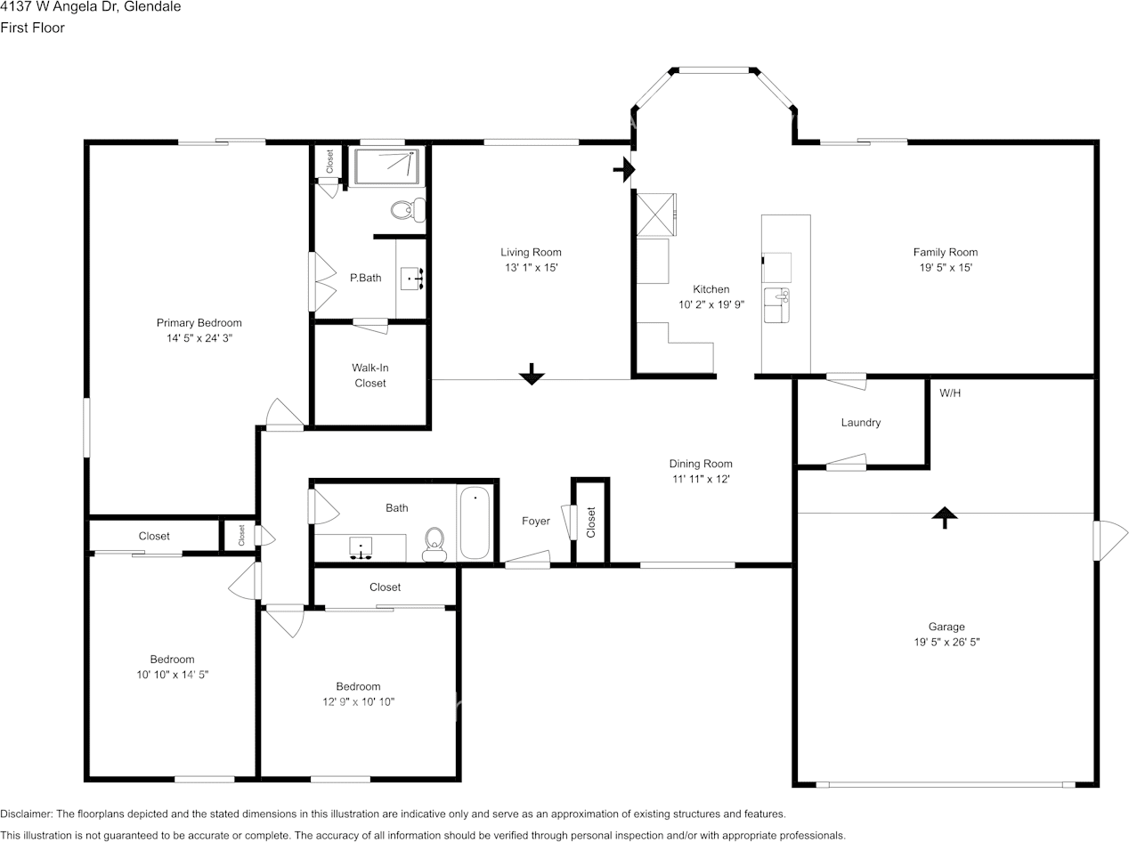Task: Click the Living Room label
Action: click(531, 252)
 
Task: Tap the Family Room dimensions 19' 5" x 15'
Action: click(945, 267)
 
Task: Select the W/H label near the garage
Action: click(950, 393)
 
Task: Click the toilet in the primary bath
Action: click(408, 210)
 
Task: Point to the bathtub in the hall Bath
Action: click(475, 523)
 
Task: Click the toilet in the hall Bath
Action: click(435, 543)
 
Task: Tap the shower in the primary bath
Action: click(386, 166)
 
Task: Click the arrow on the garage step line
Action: click(944, 516)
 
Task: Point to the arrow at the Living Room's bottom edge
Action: click(532, 375)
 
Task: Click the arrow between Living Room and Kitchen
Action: click(625, 168)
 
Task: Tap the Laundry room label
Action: click(860, 423)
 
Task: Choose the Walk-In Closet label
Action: click(370, 376)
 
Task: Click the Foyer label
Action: click(535, 521)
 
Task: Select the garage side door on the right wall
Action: click(1109, 541)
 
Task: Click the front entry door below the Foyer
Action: click(526, 561)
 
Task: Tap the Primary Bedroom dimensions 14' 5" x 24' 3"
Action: click(199, 338)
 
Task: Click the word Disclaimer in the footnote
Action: click(26, 814)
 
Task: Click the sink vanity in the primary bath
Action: click(411, 279)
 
